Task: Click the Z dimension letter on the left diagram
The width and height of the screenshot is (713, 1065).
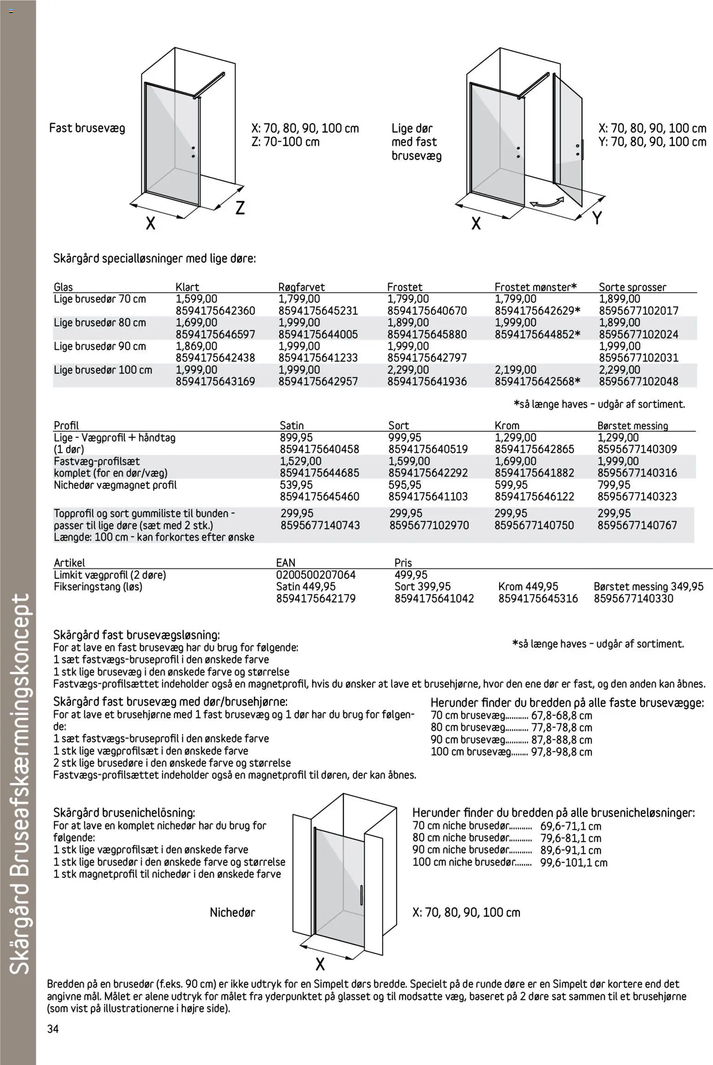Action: click(240, 208)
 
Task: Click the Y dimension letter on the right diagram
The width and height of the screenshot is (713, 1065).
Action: click(597, 218)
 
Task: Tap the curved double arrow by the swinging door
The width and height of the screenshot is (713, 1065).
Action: click(546, 203)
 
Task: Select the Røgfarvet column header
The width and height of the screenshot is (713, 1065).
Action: click(301, 287)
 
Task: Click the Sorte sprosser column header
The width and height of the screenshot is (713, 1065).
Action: click(632, 287)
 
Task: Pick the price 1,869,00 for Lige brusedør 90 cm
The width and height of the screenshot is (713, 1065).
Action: click(196, 346)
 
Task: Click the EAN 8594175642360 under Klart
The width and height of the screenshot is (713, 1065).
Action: click(215, 311)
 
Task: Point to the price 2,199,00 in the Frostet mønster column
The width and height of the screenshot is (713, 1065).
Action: click(515, 370)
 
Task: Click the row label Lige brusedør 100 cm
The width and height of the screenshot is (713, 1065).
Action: click(103, 370)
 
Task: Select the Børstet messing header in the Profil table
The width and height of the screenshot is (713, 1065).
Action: click(632, 426)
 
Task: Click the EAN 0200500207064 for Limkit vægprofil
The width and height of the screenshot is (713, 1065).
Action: click(316, 575)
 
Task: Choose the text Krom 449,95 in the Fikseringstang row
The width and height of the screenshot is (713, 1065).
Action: click(528, 586)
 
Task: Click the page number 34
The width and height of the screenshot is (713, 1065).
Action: click(53, 1029)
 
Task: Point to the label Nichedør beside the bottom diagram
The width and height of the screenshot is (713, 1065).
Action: click(232, 912)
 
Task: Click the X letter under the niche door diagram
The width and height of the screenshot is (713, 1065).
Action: click(320, 964)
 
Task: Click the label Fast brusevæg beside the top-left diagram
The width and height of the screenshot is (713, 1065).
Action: click(87, 128)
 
